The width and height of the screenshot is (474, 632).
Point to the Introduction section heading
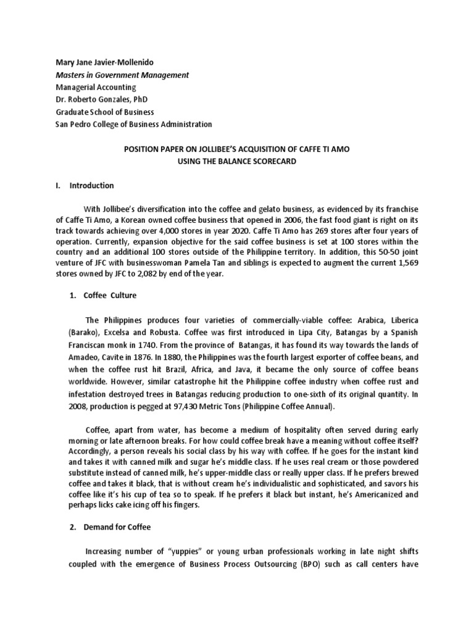click(91, 185)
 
